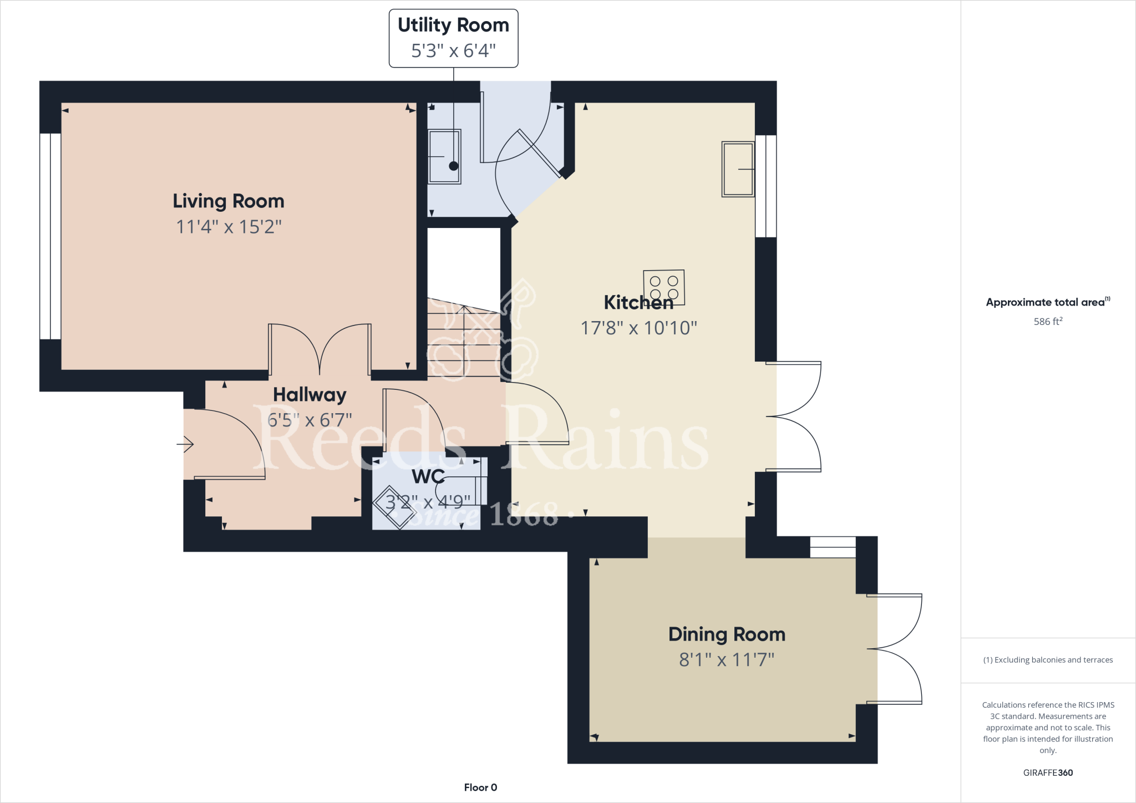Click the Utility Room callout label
(x=453, y=38)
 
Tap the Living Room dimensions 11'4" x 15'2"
(x=229, y=227)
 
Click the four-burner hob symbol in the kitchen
(x=664, y=287)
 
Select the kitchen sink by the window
(x=738, y=169)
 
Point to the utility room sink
(x=444, y=156)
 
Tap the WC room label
(x=428, y=476)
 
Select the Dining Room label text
(x=727, y=634)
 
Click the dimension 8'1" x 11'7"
(x=727, y=660)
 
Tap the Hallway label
(x=310, y=395)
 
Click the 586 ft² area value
(x=1048, y=322)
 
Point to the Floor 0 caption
(x=480, y=787)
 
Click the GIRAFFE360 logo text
(x=1048, y=772)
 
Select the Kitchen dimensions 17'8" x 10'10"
(x=638, y=328)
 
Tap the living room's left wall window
(x=50, y=236)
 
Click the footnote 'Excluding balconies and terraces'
(x=1048, y=660)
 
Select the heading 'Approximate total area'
(x=1046, y=302)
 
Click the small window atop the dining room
(x=833, y=547)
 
